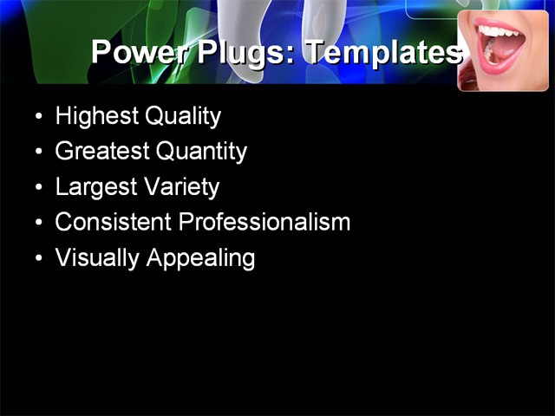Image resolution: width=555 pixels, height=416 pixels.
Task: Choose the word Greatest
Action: tap(102, 152)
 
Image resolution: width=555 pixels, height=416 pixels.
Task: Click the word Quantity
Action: tap(201, 152)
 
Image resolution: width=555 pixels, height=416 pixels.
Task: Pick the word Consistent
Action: tap(114, 222)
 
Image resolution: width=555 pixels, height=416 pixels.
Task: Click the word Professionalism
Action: tap(264, 222)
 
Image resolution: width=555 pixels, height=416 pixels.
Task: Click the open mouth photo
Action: tap(503, 50)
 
